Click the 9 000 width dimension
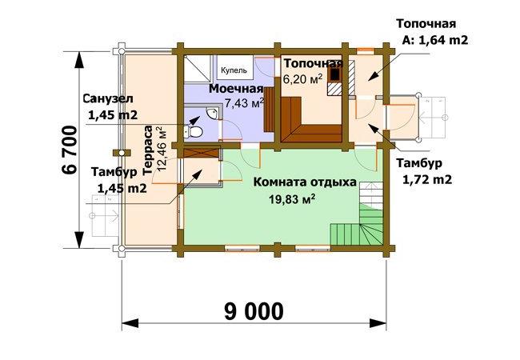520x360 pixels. (x=254, y=311)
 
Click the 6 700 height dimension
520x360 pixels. (x=70, y=150)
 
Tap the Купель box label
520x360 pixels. (x=234, y=70)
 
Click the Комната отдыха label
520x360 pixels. (x=305, y=182)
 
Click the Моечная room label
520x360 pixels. (x=236, y=89)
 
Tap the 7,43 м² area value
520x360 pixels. (x=245, y=103)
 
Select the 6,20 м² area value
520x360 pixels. (x=302, y=79)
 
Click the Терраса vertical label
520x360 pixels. (x=148, y=150)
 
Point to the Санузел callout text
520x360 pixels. (x=110, y=106)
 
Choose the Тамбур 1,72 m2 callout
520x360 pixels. (x=423, y=171)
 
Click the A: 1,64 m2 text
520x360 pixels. (x=434, y=40)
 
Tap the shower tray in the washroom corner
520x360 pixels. (x=198, y=69)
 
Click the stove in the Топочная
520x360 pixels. (x=335, y=74)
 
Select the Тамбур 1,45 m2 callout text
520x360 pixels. (x=118, y=180)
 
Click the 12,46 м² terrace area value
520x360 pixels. (x=162, y=148)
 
